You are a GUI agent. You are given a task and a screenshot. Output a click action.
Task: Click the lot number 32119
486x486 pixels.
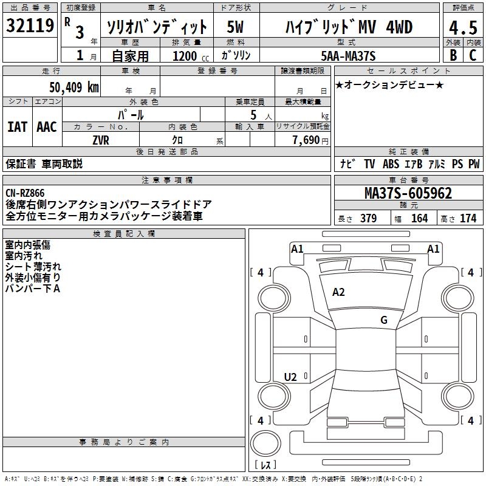30,26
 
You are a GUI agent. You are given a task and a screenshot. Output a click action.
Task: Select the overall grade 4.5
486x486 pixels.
462,29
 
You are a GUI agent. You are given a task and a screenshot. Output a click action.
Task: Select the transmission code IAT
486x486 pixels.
17,127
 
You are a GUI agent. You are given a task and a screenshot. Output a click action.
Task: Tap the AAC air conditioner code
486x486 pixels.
46,127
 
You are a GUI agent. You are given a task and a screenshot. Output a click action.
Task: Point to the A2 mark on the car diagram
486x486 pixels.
338,292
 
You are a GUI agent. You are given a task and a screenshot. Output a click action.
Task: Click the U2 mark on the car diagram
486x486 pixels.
290,377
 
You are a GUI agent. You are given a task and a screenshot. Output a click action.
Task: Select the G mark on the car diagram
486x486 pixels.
384,320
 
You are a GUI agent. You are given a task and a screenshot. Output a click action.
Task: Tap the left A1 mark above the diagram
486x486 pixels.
297,248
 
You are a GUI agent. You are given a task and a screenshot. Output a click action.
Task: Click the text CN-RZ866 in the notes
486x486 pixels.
25,193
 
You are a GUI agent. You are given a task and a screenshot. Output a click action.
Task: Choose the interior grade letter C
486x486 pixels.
473,55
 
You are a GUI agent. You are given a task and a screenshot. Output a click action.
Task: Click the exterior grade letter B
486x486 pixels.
453,55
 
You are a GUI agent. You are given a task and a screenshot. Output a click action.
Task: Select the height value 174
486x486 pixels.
468,218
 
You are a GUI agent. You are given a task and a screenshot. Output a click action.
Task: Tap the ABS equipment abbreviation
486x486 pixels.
391,164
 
